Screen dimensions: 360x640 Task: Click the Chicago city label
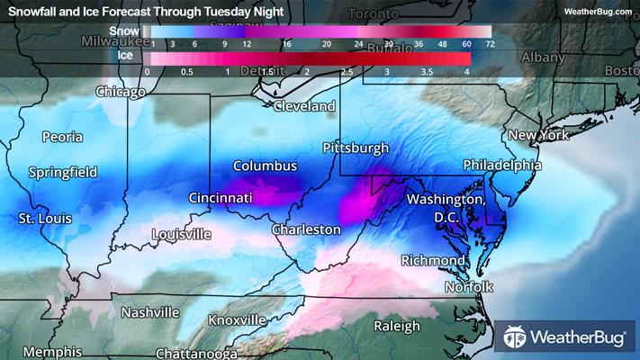pyautogui.click(x=120, y=92)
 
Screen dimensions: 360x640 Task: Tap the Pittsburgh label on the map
pyautogui.click(x=356, y=147)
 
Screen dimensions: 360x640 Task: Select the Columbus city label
pyautogui.click(x=265, y=166)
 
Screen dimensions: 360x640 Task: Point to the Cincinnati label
pyautogui.click(x=221, y=197)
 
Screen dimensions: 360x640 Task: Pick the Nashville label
pyautogui.click(x=150, y=312)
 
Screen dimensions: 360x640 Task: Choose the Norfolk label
pyautogui.click(x=469, y=286)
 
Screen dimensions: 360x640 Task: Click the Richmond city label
pyautogui.click(x=433, y=260)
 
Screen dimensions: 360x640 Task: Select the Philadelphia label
pyautogui.click(x=501, y=166)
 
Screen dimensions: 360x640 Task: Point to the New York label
pyautogui.click(x=540, y=135)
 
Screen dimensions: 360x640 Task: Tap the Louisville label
pyautogui.click(x=182, y=234)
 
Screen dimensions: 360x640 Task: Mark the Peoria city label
pyautogui.click(x=62, y=137)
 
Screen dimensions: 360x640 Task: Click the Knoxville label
pyautogui.click(x=236, y=319)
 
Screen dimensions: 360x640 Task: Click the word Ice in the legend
pyautogui.click(x=126, y=55)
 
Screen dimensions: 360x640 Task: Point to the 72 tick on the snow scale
pyautogui.click(x=489, y=43)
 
